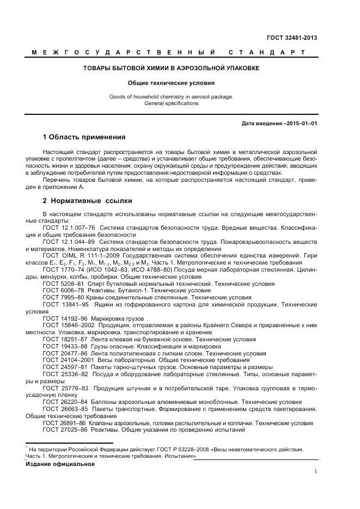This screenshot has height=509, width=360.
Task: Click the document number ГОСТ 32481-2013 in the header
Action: coord(292,38)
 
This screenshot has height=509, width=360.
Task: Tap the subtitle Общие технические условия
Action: coord(171,83)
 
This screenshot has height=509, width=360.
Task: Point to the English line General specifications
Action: coord(171,103)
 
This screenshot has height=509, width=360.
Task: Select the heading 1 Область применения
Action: coord(84,137)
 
